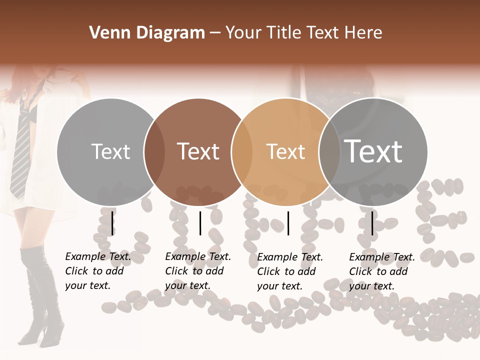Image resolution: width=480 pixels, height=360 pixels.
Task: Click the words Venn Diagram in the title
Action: coord(147,33)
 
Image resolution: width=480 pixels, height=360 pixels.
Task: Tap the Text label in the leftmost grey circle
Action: coord(110,151)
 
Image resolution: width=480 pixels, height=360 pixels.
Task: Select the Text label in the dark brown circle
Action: coord(198,151)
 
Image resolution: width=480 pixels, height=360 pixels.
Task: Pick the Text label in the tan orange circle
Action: coord(285,151)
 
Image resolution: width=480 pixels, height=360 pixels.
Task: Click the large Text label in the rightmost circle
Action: coord(373,151)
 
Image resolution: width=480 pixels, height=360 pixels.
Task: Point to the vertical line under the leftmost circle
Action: coord(112,223)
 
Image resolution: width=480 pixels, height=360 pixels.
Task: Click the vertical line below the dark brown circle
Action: coord(200,223)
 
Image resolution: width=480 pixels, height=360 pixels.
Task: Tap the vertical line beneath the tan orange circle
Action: coord(288,223)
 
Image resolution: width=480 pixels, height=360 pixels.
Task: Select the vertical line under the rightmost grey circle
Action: coord(372,223)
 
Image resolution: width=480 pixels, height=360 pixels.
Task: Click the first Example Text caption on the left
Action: coord(98,271)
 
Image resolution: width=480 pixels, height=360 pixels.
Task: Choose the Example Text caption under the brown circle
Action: coord(198,271)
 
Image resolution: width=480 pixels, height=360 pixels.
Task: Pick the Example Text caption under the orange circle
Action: coord(290,271)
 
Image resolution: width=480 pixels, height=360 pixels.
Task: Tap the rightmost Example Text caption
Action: coord(382,271)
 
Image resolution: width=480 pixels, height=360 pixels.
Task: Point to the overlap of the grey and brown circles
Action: coord(154,151)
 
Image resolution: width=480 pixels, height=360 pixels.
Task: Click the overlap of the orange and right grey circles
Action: coord(329,151)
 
